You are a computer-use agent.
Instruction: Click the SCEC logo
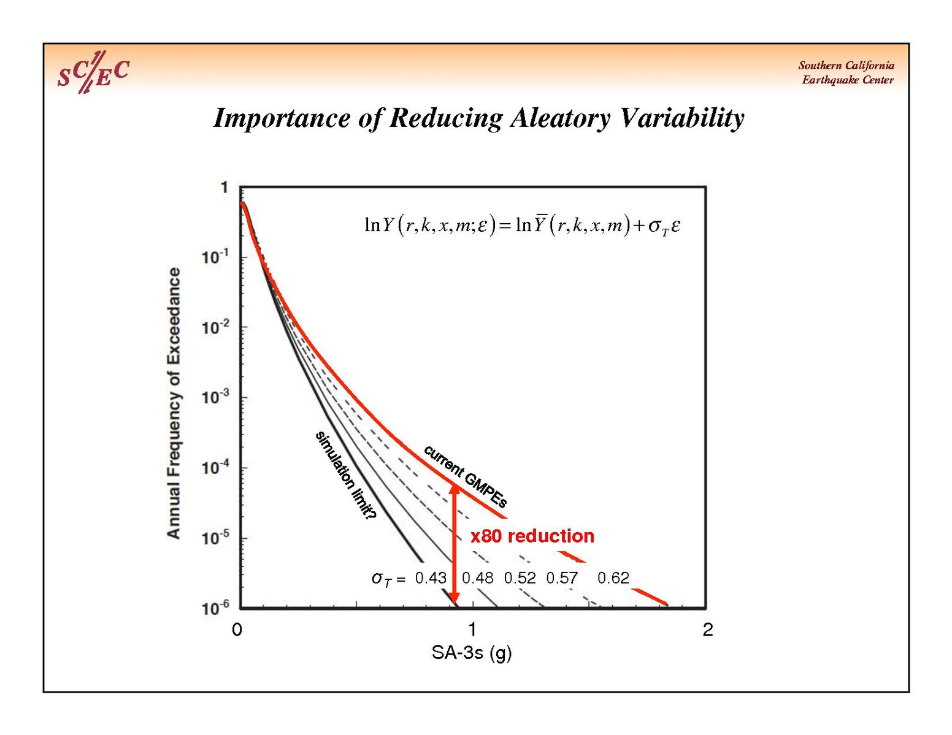tap(93, 72)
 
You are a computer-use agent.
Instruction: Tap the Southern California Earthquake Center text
tap(846, 72)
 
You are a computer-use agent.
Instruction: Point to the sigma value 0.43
tap(431, 578)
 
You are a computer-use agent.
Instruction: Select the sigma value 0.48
tap(477, 578)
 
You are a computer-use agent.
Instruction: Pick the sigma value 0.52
tap(520, 578)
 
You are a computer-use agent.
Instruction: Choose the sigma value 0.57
tap(562, 578)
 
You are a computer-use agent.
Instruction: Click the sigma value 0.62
tap(613, 578)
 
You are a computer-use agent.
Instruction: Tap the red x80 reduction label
tap(532, 536)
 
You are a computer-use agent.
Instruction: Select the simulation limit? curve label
tap(345, 476)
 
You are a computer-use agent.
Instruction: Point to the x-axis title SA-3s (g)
tap(471, 653)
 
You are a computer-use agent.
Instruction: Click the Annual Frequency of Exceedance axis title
tap(174, 403)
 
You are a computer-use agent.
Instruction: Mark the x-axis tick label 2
tap(708, 630)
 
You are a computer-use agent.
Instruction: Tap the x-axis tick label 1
tap(472, 630)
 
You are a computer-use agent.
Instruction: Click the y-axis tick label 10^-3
tap(215, 397)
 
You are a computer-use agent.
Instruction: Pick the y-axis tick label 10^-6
tap(215, 608)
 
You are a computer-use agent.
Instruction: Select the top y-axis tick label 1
tap(225, 188)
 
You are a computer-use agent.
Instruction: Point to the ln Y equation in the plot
tap(522, 226)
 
